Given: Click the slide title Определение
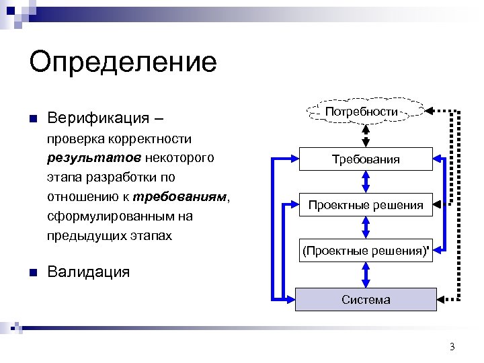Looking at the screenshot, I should (123, 63).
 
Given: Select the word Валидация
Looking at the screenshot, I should (88, 272).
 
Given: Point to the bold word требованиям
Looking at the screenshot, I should (182, 198).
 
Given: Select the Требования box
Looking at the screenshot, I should (366, 159).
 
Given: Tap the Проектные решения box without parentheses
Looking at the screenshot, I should (366, 205).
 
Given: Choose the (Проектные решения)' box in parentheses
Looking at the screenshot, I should (366, 251).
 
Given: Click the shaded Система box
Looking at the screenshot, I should (366, 299).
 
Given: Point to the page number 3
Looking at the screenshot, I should (452, 347).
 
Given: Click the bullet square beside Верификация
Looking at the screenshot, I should (33, 119).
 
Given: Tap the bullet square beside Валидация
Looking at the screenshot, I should (33, 272).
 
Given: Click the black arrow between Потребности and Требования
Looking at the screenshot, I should (366, 135).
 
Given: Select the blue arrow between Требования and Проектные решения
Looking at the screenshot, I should (366, 182).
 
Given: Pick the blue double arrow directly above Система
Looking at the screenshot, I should (366, 275).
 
